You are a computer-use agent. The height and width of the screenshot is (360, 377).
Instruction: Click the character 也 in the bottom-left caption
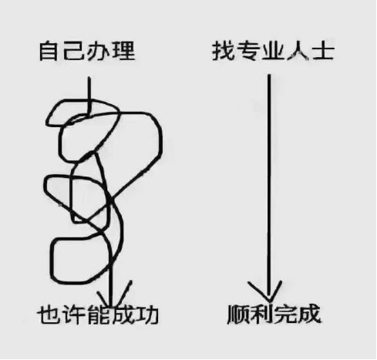point(49,315)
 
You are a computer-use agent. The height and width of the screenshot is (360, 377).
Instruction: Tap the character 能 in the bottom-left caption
point(98,315)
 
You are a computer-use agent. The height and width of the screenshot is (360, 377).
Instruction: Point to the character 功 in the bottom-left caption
point(146,315)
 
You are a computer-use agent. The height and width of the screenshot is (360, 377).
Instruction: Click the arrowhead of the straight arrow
point(268,293)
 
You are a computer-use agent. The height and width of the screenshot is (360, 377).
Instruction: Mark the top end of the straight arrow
point(268,75)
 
